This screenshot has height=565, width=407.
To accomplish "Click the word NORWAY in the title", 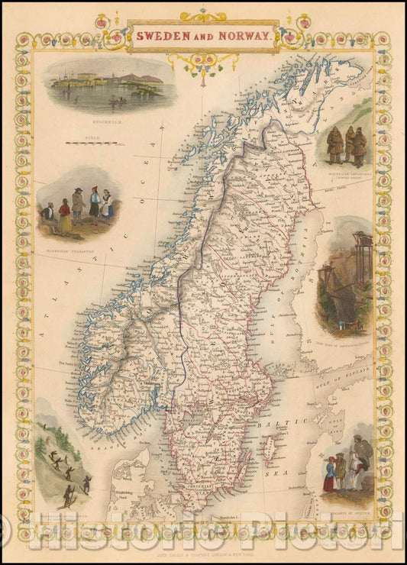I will pos(247,35).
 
